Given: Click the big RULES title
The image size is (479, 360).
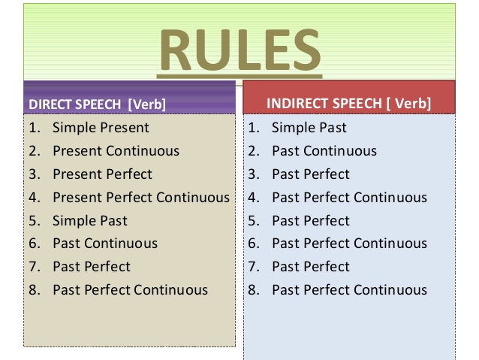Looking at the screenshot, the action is click(x=240, y=50).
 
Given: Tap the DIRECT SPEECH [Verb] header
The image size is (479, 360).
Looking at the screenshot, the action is click(x=97, y=104).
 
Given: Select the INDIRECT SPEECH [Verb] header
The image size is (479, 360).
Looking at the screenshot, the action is click(x=348, y=103).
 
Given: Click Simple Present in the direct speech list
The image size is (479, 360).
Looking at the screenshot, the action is click(x=101, y=128).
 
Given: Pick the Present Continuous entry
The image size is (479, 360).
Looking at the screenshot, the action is click(x=116, y=151).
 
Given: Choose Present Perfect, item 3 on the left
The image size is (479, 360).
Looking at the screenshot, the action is click(x=102, y=174).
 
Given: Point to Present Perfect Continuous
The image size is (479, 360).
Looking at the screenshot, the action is click(x=141, y=197).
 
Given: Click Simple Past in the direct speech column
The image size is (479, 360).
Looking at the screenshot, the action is click(x=90, y=220).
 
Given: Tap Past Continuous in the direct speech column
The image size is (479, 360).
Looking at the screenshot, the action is click(x=105, y=244).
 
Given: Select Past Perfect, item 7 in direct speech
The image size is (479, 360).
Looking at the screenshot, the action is click(x=92, y=266).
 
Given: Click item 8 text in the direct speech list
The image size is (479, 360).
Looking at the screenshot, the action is click(x=130, y=289).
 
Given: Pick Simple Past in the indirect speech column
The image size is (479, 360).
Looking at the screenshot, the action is click(x=309, y=128).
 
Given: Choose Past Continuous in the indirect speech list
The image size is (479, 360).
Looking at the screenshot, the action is click(x=324, y=151).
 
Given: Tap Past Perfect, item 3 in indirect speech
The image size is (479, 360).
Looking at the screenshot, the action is click(x=311, y=174).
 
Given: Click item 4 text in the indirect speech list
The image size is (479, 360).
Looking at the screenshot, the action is click(x=349, y=197).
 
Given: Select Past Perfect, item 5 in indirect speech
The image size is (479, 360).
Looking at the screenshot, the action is click(x=311, y=220).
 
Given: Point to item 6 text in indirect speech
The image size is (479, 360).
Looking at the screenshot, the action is click(x=349, y=244).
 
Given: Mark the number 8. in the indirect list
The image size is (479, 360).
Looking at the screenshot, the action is click(x=254, y=289).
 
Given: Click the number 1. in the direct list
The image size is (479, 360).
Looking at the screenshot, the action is click(x=35, y=128).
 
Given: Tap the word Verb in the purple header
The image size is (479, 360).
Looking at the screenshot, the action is click(x=147, y=104).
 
